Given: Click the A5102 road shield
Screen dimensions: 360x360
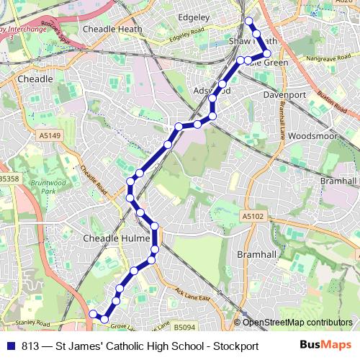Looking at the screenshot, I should [x=253, y=215].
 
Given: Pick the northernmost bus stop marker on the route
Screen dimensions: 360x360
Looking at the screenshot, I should [x=248, y=21].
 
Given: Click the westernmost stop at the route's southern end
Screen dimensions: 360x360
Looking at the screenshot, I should [x=92, y=314].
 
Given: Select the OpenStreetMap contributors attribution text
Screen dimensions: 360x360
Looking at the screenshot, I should [x=297, y=322].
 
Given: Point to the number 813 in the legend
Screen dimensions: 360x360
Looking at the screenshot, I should [x=30, y=346].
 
